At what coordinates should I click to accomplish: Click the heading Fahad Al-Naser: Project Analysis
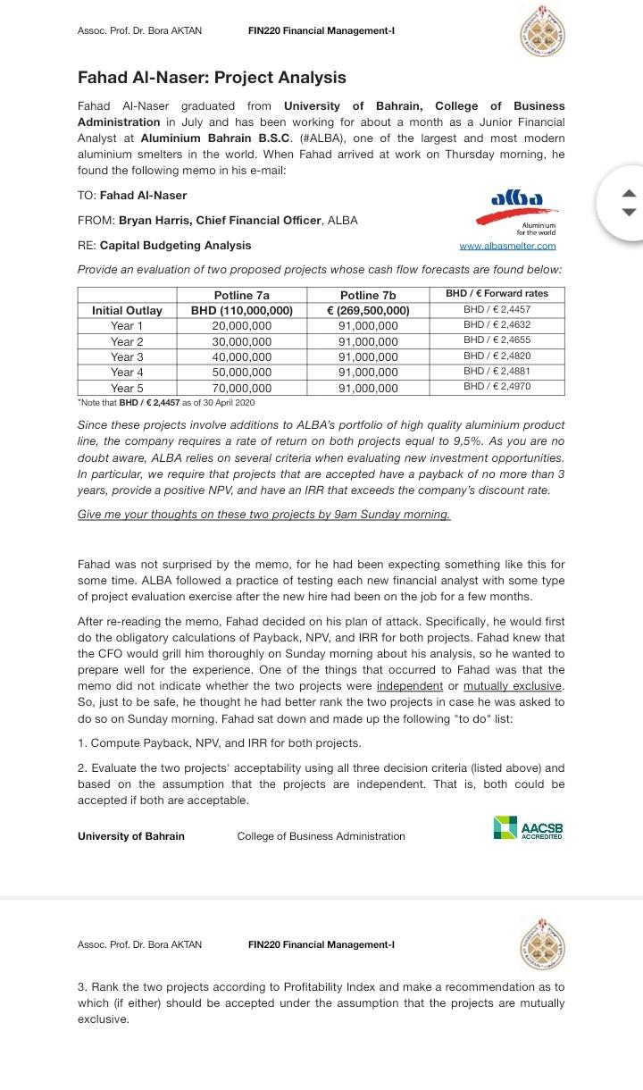click(212, 78)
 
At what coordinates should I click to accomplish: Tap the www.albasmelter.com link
click(506, 246)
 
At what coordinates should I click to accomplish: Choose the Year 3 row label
click(127, 357)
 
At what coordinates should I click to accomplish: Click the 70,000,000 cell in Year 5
click(242, 389)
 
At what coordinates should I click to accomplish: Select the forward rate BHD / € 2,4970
click(497, 387)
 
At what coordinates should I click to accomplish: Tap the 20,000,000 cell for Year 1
click(242, 326)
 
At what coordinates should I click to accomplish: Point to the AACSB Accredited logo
click(528, 827)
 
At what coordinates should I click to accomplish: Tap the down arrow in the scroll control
click(630, 212)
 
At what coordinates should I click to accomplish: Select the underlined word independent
click(410, 685)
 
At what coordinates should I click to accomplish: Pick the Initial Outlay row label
click(127, 311)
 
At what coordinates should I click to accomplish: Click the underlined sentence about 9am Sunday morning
click(263, 515)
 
